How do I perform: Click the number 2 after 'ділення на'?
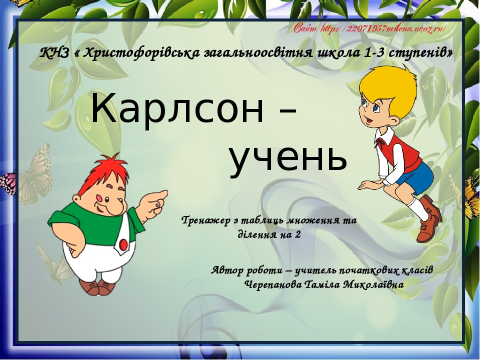pyautogui.click(x=298, y=234)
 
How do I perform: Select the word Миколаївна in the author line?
pyautogui.click(x=376, y=284)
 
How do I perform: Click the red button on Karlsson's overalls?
pyautogui.click(x=121, y=244)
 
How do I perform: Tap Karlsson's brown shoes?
pyautogui.click(x=97, y=286)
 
